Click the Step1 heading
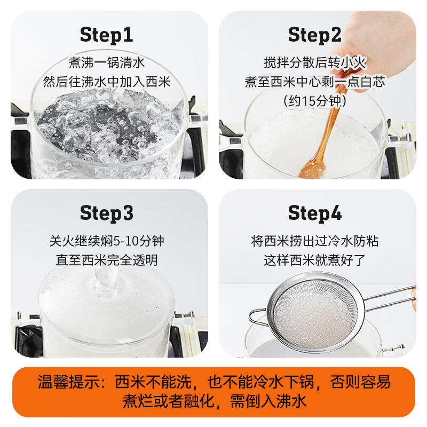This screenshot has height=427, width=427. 106,35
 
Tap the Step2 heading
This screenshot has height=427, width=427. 314,35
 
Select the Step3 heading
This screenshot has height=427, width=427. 106,213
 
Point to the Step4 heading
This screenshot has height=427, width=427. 314,213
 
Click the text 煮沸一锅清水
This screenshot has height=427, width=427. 107,62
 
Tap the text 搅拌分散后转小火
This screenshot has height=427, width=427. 314,62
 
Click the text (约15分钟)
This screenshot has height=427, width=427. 314,100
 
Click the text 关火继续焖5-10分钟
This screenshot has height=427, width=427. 107,241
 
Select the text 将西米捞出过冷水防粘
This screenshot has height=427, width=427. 314,241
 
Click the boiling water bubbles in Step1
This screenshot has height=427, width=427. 107,128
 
